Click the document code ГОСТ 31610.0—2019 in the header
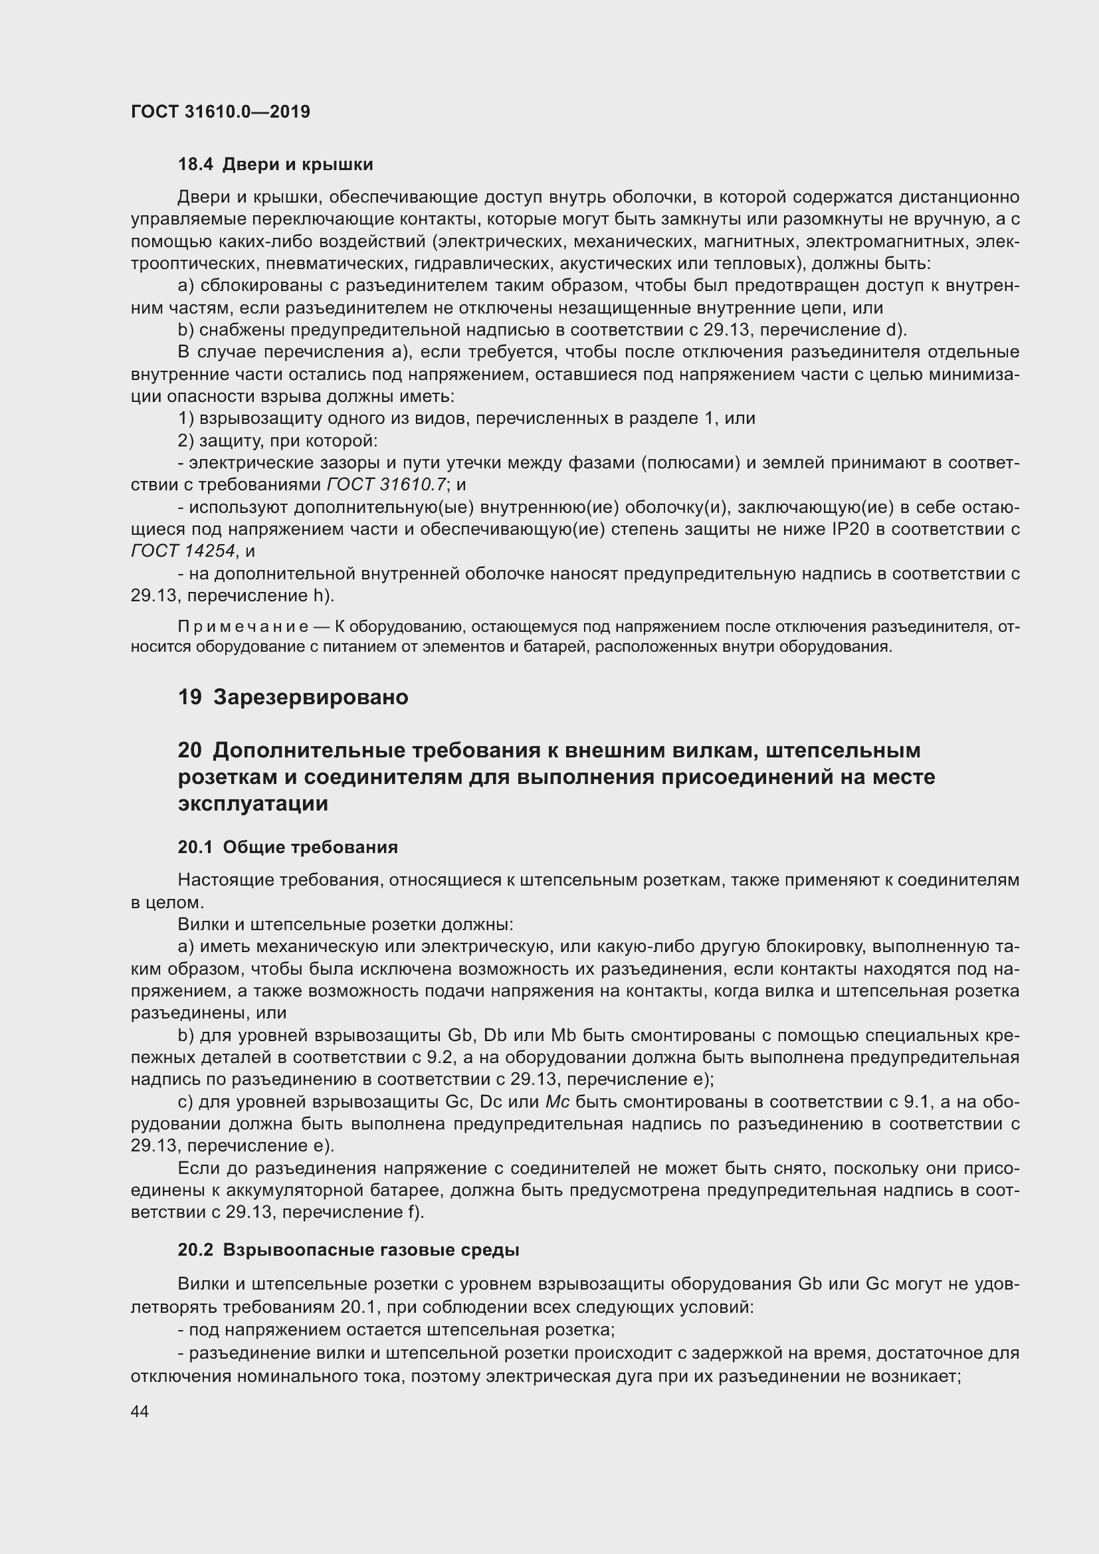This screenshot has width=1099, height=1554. click(x=221, y=112)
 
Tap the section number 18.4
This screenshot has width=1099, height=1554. click(x=195, y=165)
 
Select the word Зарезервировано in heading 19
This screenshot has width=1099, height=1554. click(x=310, y=697)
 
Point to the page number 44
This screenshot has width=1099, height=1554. click(x=140, y=1411)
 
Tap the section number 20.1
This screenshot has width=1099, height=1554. click(x=195, y=847)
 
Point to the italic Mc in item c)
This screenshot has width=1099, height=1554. click(x=557, y=1103)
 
